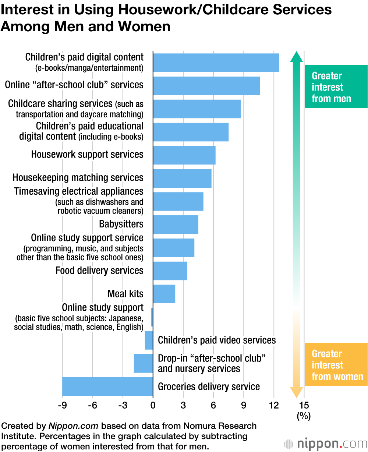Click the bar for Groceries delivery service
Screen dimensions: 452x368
click(107, 386)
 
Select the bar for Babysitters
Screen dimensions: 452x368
click(176, 224)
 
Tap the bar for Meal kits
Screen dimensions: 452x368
click(164, 294)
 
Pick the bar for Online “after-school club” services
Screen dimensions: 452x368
click(206, 85)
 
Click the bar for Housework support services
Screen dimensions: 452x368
click(184, 155)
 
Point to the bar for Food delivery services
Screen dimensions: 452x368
click(170, 271)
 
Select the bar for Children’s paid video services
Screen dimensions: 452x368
click(149, 340)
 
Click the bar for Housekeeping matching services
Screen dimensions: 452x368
click(182, 178)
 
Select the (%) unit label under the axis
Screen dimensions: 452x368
click(304, 416)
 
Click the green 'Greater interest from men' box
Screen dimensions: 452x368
click(336, 87)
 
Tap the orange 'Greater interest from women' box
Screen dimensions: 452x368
click(336, 364)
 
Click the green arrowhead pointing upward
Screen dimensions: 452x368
click(297, 57)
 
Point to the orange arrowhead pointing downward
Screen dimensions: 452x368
click(297, 392)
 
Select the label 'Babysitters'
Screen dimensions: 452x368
click(121, 224)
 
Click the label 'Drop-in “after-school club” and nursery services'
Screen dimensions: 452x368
click(212, 363)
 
